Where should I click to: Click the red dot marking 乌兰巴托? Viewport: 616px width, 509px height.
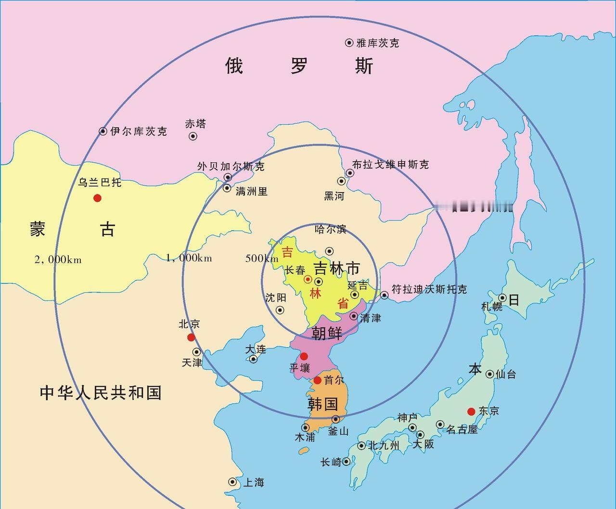click(98, 198)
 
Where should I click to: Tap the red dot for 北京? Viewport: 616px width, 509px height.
click(191, 337)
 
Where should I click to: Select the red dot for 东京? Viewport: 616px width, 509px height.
click(471, 411)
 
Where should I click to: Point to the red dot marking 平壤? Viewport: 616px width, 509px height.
click(304, 356)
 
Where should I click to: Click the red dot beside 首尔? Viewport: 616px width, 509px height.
click(318, 380)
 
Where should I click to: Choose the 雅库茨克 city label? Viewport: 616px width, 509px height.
click(378, 43)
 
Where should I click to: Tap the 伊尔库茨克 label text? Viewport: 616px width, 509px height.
click(139, 131)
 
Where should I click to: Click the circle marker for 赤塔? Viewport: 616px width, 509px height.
click(193, 136)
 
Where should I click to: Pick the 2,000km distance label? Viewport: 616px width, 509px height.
click(58, 260)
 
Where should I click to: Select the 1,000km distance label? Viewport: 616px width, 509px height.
click(189, 258)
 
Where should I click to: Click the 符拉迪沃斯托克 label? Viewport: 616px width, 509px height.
click(429, 290)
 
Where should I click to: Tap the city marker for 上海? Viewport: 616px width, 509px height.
click(232, 482)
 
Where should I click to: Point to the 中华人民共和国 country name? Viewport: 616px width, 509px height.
click(101, 393)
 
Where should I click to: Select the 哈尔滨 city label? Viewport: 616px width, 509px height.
click(330, 229)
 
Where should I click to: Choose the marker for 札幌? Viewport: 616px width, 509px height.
click(502, 298)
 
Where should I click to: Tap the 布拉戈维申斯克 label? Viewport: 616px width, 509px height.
click(390, 165)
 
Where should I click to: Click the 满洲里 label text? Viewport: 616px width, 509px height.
click(252, 192)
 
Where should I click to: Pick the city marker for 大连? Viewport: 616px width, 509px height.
click(253, 359)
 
